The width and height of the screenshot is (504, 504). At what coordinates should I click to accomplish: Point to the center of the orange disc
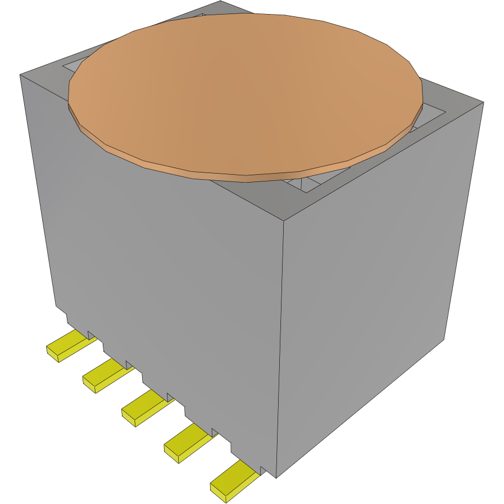click(245, 93)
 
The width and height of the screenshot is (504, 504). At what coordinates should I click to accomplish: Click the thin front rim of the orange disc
click(246, 178)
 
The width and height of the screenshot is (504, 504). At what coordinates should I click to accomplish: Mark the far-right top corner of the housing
click(483, 102)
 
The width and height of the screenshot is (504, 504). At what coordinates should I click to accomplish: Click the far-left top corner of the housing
click(21, 74)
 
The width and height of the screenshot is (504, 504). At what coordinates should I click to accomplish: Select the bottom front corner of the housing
click(276, 478)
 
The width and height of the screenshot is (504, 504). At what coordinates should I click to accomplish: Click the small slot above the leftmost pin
click(91, 335)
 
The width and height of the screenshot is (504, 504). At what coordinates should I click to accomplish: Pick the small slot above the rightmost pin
click(262, 470)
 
